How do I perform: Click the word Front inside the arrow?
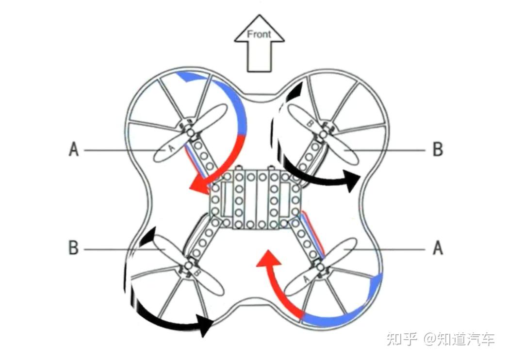(259, 34)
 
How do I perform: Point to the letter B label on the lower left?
(74, 248)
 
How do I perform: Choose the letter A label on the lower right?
(438, 248)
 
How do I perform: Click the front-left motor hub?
(190, 132)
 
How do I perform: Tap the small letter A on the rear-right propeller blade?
(306, 279)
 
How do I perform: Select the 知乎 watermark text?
(402, 338)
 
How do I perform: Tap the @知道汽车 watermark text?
(459, 338)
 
